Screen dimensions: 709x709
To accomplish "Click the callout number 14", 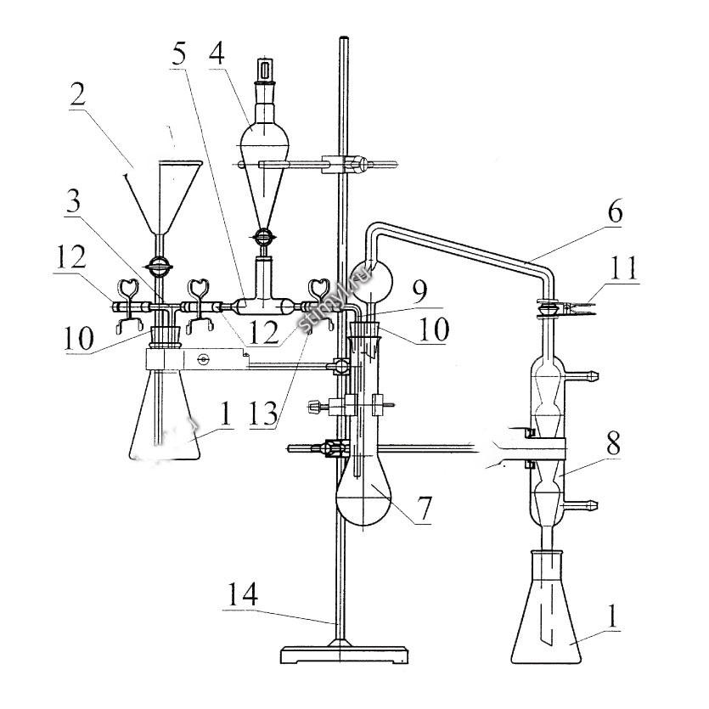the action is click(x=243, y=594).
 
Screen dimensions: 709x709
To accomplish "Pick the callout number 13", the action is click(x=263, y=412).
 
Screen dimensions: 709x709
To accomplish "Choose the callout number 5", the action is click(x=179, y=54).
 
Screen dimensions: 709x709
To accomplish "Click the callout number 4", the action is click(x=217, y=53).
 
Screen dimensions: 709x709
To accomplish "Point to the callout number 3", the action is click(x=73, y=201).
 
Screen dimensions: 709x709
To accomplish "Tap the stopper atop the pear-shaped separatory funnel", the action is click(x=263, y=70).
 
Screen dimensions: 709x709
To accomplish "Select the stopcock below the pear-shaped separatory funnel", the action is click(x=263, y=235).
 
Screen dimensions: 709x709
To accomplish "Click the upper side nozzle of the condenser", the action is click(x=582, y=374).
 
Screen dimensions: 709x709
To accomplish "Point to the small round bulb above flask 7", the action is click(x=372, y=282).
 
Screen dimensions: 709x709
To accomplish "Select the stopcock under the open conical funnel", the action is click(x=159, y=264).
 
